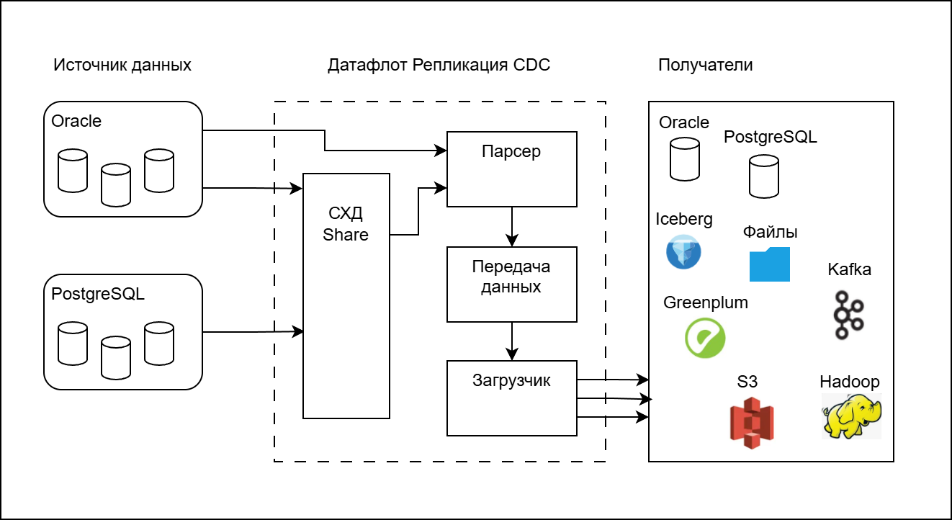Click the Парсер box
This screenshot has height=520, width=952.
click(x=511, y=169)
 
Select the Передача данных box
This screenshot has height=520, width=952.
click(x=511, y=284)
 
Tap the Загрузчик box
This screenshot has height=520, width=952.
click(x=511, y=398)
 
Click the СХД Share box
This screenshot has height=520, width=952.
click(x=346, y=295)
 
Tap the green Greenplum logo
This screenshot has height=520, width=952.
click(x=705, y=338)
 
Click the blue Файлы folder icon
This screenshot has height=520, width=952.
click(x=769, y=264)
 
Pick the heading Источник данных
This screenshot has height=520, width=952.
click(x=122, y=66)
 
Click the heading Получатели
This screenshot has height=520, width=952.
click(x=705, y=66)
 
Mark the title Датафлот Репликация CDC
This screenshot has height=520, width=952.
click(x=439, y=66)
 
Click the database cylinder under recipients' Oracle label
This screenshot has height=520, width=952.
click(x=684, y=159)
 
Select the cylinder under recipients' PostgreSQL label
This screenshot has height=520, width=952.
click(x=763, y=178)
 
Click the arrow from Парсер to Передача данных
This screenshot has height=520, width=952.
click(x=512, y=227)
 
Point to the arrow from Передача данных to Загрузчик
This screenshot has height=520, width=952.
click(x=512, y=341)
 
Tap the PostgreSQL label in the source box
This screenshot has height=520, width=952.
click(x=98, y=294)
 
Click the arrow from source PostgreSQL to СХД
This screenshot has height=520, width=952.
click(x=252, y=332)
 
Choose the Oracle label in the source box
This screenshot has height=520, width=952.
click(x=76, y=121)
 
